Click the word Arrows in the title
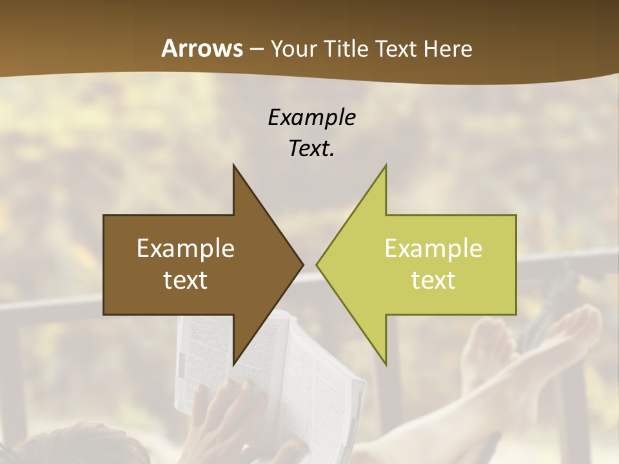202,48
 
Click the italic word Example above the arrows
311,117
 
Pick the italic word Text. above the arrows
311,148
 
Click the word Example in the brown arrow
186,249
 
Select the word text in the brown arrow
186,280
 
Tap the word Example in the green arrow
433,249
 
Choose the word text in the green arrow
433,280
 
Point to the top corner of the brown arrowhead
233,166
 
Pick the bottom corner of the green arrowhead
386,363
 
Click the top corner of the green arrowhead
386,166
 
